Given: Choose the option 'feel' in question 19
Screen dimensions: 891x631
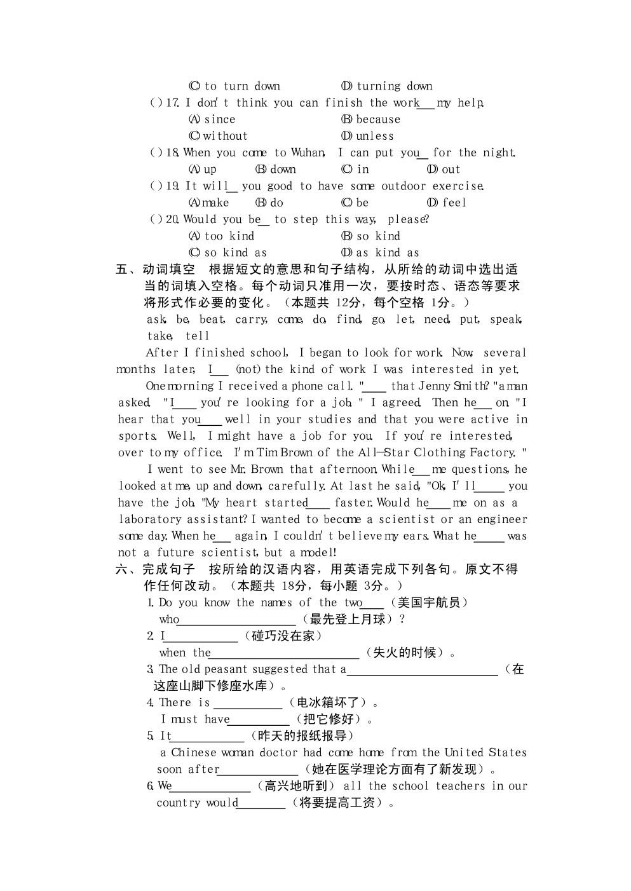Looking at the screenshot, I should (454, 203).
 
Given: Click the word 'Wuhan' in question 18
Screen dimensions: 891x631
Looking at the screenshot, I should (308, 153).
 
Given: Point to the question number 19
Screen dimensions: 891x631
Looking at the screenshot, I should (172, 186).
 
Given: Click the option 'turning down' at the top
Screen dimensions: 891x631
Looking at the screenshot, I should (394, 86).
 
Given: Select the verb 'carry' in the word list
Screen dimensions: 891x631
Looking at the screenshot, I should (250, 320).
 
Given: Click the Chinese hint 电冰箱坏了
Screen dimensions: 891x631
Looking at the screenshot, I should (332, 702).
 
